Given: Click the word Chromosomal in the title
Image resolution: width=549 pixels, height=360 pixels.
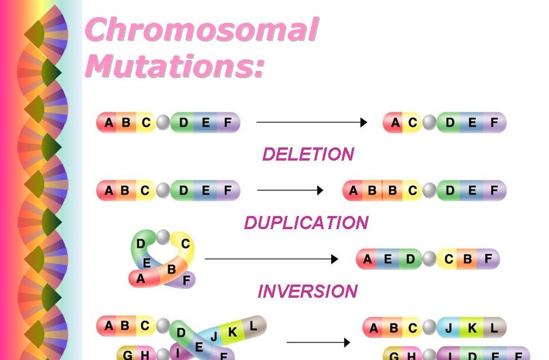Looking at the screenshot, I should [x=201, y=30].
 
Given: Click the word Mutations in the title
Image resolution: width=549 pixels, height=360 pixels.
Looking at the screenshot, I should [x=175, y=65].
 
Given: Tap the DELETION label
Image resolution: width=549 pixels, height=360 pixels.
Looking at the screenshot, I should [x=308, y=154].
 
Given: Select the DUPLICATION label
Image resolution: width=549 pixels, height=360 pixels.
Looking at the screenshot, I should [x=307, y=223].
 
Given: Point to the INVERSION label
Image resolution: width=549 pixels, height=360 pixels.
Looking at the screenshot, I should [x=308, y=291].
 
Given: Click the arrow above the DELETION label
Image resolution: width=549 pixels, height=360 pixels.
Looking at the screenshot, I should [x=312, y=122].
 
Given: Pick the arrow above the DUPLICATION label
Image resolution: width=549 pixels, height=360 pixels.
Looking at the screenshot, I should [x=291, y=191].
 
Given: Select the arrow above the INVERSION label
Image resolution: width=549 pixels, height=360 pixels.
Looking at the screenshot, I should [x=272, y=259].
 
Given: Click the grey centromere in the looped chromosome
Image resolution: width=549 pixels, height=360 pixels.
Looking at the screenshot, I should [x=164, y=236].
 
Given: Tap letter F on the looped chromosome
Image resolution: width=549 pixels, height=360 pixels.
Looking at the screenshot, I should [x=186, y=281].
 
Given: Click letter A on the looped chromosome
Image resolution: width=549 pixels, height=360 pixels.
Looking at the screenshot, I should [x=141, y=279].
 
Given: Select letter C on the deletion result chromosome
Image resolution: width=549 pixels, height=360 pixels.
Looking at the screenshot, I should [x=412, y=123].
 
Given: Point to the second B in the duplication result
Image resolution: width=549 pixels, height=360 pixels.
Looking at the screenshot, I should [x=392, y=191].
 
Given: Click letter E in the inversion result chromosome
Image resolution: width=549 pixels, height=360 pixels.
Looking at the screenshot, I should [x=388, y=259].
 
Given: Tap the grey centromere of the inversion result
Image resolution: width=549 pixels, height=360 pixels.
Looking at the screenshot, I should [x=429, y=259].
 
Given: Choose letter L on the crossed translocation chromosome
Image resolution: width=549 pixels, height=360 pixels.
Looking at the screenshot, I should [x=254, y=326].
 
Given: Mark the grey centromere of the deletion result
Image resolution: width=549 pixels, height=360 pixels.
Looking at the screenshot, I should [x=429, y=123].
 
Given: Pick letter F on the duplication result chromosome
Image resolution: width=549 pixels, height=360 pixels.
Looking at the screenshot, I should [x=494, y=191].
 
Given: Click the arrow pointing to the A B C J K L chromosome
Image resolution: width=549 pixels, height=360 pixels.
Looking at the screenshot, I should [x=318, y=343].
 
